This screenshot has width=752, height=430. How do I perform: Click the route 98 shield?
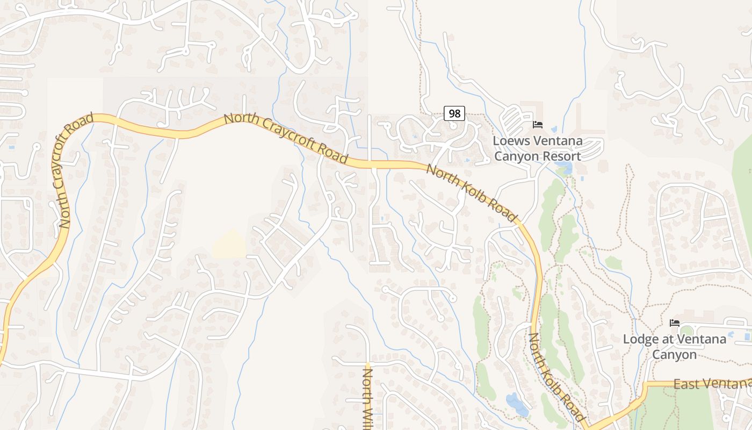click(454, 113)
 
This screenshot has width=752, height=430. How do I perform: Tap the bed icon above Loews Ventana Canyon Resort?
click(538, 125)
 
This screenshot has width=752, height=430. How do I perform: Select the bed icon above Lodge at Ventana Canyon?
click(675, 323)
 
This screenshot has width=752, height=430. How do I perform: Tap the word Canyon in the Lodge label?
click(674, 355)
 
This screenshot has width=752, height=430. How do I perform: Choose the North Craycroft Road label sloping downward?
click(286, 138)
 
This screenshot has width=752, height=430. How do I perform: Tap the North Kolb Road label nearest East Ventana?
click(556, 377)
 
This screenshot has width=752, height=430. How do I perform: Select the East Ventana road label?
click(712, 384)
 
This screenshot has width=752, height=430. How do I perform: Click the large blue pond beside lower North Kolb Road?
click(517, 404)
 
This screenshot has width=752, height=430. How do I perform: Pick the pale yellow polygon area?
click(229, 245)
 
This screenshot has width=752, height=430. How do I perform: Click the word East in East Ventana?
click(685, 384)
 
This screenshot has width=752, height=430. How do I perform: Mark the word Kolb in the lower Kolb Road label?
click(557, 379)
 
